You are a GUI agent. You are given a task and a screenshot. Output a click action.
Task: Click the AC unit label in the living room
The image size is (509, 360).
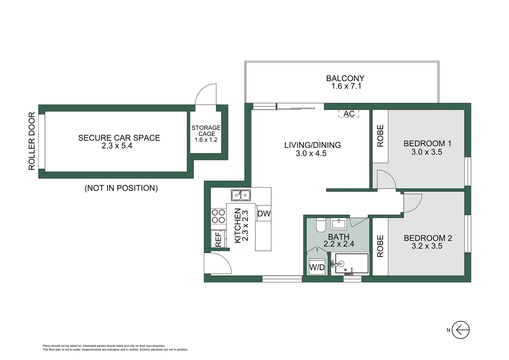349,114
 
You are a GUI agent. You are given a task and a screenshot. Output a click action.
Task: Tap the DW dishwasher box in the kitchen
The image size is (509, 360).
264,214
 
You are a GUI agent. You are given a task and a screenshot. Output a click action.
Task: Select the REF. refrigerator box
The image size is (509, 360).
218,239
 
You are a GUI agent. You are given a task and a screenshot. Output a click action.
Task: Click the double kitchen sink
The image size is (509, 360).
241,195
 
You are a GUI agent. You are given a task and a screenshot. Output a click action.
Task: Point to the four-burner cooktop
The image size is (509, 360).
218,216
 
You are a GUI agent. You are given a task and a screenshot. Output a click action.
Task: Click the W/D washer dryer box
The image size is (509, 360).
317,267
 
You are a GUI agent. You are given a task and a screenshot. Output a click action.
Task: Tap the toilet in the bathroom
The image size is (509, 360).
321,225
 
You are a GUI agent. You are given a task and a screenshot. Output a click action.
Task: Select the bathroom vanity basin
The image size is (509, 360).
338,223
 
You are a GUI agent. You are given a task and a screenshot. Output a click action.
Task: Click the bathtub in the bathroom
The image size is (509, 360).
351,264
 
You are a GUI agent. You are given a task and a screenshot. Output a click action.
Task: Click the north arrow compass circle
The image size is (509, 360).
461,330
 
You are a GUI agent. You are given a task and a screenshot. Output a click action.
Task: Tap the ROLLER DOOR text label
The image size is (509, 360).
32,141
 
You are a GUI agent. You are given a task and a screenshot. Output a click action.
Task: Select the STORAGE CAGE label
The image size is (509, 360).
206,131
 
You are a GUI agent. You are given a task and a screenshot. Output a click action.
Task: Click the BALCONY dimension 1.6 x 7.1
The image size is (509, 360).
346,86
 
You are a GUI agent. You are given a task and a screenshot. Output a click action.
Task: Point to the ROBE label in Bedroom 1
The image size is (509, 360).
380,136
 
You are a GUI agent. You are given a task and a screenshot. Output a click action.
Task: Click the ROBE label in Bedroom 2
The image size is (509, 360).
380,246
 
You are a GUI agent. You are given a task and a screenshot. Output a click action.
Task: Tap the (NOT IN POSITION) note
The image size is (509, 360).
121,188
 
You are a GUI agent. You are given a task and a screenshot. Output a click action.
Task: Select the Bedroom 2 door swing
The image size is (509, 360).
412,202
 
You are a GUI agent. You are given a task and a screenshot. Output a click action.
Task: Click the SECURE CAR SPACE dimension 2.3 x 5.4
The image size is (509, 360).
117,146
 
